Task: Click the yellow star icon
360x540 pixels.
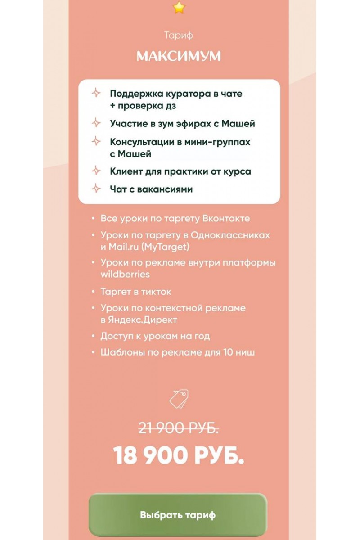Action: pyautogui.click(x=179, y=8)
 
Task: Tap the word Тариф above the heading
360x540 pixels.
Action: pyautogui.click(x=179, y=36)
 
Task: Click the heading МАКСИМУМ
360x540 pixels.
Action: pyautogui.click(x=179, y=56)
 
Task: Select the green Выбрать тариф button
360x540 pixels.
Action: pyautogui.click(x=178, y=515)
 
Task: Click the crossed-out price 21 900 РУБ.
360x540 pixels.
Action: pyautogui.click(x=179, y=428)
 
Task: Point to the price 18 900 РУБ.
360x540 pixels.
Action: pyautogui.click(x=179, y=455)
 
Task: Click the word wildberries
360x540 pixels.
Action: pyautogui.click(x=125, y=274)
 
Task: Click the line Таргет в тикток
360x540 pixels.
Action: pyautogui.click(x=136, y=292)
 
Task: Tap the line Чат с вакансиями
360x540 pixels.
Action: pyautogui.click(x=151, y=189)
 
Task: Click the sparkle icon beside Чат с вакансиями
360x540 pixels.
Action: pyautogui.click(x=96, y=189)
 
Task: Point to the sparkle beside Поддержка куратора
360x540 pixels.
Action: pyautogui.click(x=96, y=93)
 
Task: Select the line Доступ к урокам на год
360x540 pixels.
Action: pyautogui.click(x=155, y=336)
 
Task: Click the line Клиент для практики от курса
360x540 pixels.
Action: pyautogui.click(x=180, y=171)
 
